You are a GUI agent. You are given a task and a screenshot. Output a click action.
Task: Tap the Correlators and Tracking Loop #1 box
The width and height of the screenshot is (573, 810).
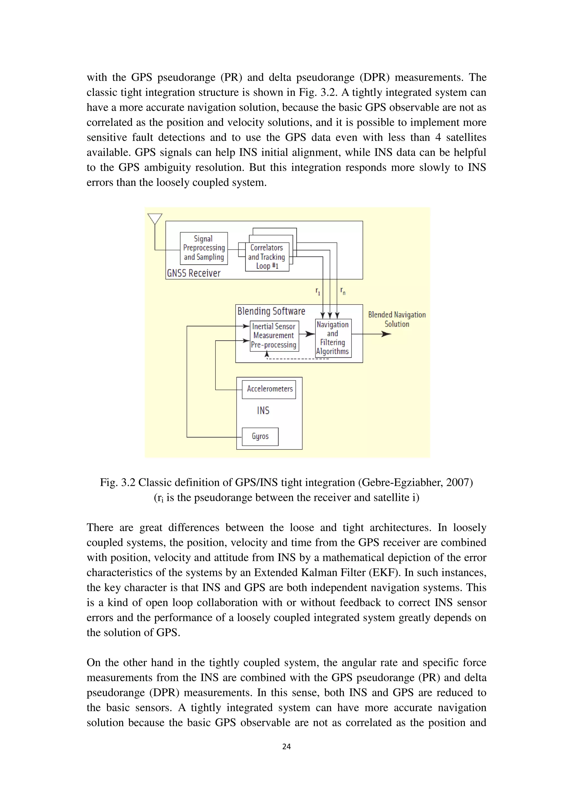267,257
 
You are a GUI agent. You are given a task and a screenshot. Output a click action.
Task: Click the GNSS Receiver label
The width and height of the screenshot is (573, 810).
193,273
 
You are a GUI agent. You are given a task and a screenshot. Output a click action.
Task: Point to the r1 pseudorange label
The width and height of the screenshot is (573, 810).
318,292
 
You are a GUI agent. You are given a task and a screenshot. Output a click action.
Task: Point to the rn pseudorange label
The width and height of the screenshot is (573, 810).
343,291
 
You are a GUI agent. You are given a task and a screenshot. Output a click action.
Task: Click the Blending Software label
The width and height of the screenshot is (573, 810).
271,311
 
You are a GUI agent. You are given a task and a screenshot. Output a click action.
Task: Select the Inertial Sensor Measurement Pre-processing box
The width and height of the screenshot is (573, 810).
274,336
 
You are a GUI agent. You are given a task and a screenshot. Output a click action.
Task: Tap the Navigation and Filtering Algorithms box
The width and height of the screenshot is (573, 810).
333,338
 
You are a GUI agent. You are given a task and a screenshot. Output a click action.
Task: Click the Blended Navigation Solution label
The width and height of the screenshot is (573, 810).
397,319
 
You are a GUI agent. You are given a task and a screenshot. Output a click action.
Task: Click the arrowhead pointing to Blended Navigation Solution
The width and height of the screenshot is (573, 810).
387,334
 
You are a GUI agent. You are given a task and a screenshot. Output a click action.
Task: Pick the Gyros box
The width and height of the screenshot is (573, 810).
260,436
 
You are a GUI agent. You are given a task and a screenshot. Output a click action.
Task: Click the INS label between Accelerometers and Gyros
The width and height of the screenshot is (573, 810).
263,411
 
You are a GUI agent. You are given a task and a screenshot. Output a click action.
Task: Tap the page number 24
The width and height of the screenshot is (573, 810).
286,746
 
